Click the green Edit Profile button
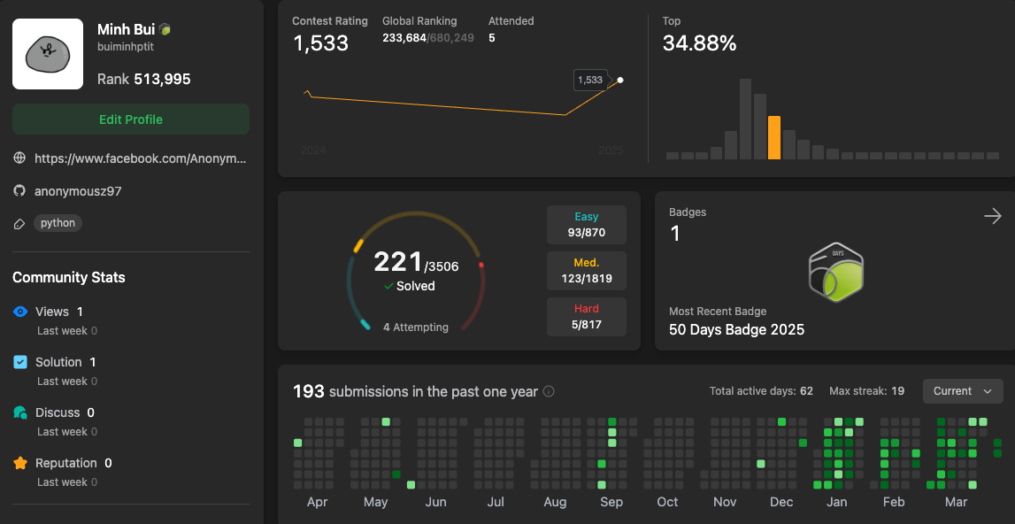coord(131,119)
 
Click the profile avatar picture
coord(48,54)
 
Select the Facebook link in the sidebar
coord(140,158)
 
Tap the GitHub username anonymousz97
coord(78,191)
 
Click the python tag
coord(58,223)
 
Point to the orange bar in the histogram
coord(774,138)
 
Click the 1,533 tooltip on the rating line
coord(590,80)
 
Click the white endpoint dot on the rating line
coord(620,80)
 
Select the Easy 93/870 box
coord(587,225)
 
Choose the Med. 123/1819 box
coord(587,271)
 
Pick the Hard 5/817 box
coord(587,317)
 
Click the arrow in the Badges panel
coord(993,216)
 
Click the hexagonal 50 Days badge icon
coord(836,274)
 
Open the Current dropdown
coord(963,391)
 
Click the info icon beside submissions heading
coord(549,392)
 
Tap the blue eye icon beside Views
coord(20,312)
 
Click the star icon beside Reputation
coord(20,463)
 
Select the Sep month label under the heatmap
coord(611,502)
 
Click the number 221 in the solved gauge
coord(398,262)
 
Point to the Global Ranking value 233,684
coord(404,37)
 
